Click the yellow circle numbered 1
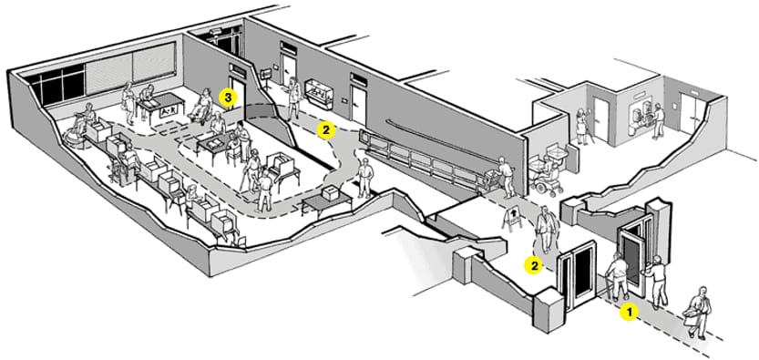(630, 313)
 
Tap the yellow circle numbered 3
(228, 97)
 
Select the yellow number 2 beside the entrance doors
(534, 265)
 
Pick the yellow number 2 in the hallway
(326, 129)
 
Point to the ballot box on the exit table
(332, 193)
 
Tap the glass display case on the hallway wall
(317, 93)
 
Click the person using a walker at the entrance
(617, 277)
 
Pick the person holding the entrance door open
(657, 282)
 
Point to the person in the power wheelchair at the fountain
(548, 175)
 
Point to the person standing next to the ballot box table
(365, 178)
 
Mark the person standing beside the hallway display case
(293, 98)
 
